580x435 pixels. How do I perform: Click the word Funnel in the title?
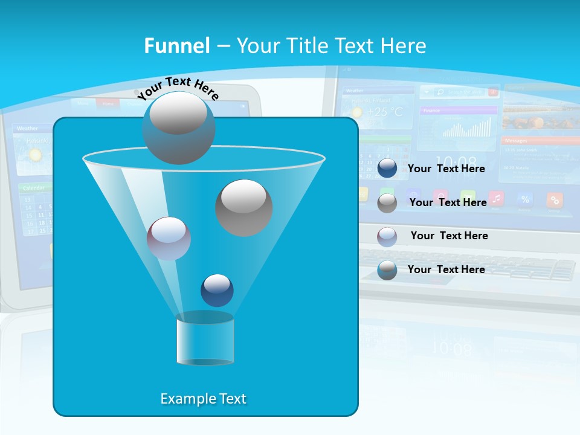[177, 46]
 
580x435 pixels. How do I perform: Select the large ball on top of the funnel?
[179, 127]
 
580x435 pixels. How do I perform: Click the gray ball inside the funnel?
[244, 208]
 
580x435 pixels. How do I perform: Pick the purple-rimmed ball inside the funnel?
[169, 239]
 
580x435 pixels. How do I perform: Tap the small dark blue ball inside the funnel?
[217, 290]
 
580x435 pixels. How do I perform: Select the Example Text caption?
[204, 399]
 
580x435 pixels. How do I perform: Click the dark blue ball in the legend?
[387, 169]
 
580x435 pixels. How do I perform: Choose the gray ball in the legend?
[387, 203]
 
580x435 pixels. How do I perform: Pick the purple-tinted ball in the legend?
[387, 237]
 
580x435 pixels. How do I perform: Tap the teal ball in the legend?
[387, 270]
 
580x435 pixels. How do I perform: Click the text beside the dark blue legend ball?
[446, 169]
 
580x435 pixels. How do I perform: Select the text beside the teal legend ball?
[446, 269]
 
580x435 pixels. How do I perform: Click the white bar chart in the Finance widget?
[466, 127]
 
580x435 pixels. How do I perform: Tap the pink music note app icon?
[497, 198]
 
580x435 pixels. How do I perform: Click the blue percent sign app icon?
[525, 199]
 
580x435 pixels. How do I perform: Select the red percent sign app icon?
[555, 199]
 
